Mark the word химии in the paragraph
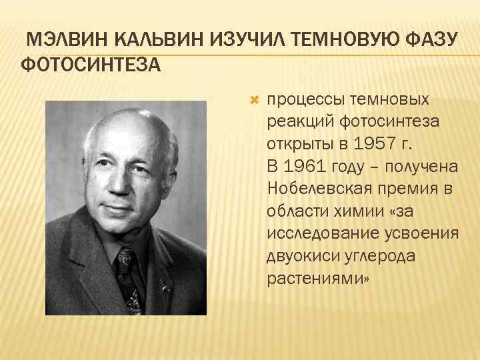tap(357, 210)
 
